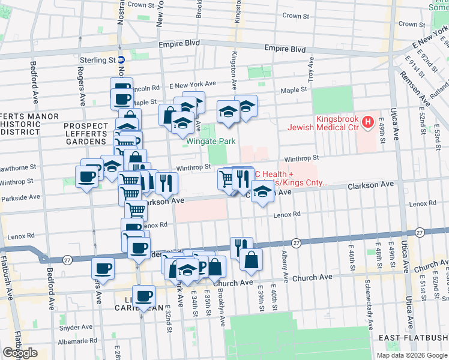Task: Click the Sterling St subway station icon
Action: [121, 60]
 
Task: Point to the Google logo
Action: [20, 353]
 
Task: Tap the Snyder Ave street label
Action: [76, 328]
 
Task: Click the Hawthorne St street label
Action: [19, 169]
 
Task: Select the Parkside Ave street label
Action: [20, 197]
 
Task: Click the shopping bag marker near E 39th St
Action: [252, 260]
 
